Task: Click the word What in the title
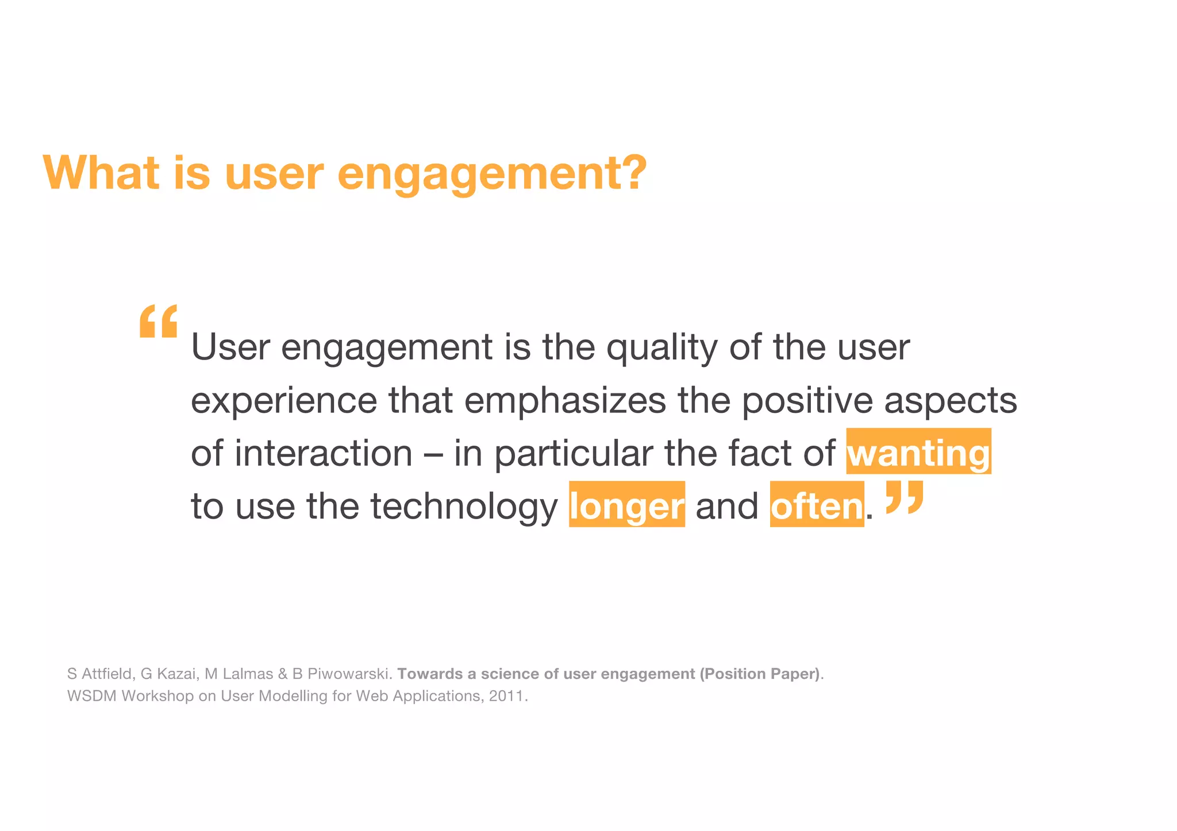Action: click(x=101, y=172)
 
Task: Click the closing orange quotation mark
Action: click(x=904, y=497)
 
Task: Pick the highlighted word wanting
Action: click(x=918, y=453)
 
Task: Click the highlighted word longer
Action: click(x=626, y=505)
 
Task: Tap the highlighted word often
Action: click(x=817, y=505)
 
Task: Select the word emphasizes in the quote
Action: click(x=565, y=400)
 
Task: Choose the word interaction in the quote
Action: click(x=323, y=453)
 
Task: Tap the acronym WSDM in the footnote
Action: click(x=92, y=696)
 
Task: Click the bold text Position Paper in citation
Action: click(x=761, y=674)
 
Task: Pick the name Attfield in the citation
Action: click(x=107, y=674)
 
